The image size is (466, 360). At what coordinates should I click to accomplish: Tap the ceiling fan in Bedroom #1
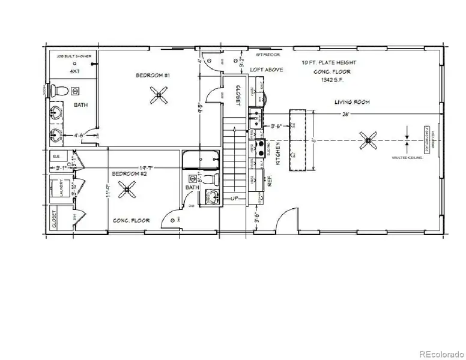point(159,94)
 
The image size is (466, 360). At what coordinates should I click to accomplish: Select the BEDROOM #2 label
point(130,174)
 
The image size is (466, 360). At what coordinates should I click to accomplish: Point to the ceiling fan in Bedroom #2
point(127,191)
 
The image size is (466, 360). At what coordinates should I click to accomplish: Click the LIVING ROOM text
point(352,103)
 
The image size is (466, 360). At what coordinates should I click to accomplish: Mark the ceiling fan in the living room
point(367,141)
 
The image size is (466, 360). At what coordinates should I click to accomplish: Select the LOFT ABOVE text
point(266,70)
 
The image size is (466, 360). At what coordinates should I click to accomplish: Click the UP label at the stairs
point(234,197)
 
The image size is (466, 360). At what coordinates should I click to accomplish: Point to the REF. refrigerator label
point(270,178)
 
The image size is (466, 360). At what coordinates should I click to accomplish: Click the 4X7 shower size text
point(74,71)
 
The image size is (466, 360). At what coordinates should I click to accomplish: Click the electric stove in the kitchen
point(261,148)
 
